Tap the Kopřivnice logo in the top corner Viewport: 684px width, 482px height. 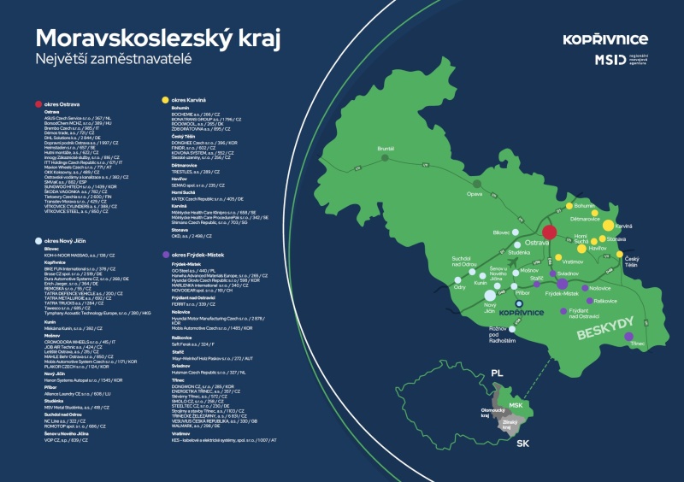click(605, 39)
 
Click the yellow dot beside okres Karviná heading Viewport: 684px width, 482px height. click(165, 100)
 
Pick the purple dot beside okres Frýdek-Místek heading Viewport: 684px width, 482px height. click(165, 255)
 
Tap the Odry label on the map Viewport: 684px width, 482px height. click(460, 287)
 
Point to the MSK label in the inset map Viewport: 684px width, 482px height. click(515, 404)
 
